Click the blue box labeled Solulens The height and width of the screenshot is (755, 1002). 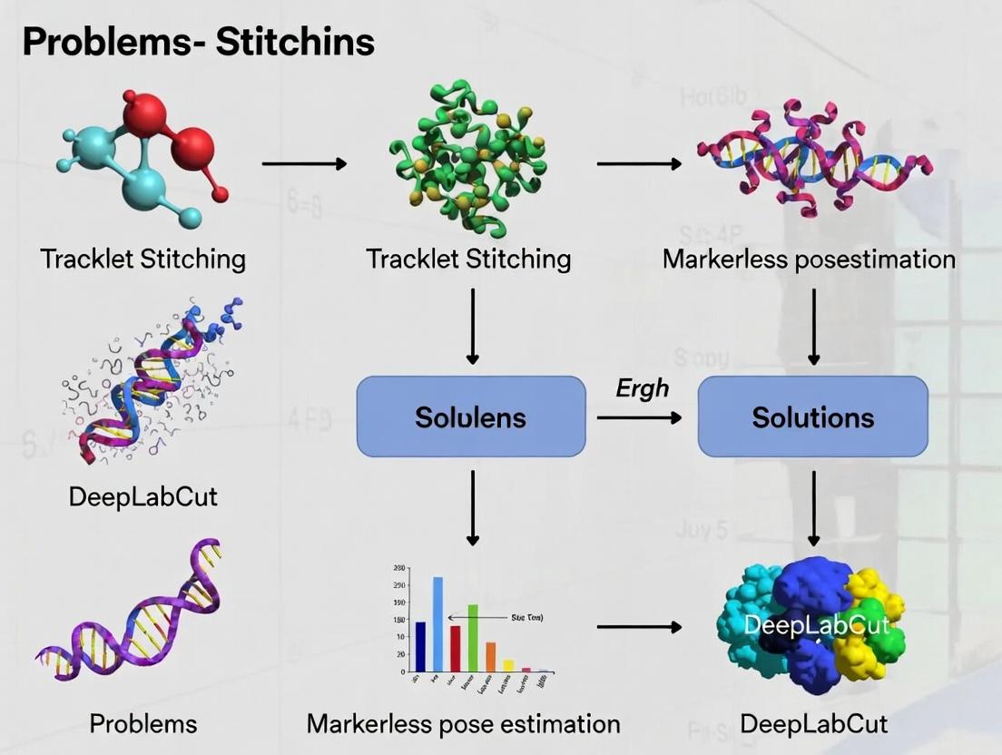470,417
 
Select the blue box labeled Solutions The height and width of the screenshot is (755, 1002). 812,417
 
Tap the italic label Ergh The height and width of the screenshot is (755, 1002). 642,388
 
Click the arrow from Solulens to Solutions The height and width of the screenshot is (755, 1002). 639,417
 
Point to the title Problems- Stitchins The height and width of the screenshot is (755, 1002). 198,42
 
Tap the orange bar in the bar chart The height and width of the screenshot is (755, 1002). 491,656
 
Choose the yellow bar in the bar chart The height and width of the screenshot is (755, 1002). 508,665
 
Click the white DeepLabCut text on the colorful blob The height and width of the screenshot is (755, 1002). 815,625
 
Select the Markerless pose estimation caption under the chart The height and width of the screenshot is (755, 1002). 463,723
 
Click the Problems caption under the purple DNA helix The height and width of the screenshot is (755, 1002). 142,723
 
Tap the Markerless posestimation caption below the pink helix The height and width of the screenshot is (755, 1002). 809,259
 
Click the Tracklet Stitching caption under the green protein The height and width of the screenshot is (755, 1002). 468,259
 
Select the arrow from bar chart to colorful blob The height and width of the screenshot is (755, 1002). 639,626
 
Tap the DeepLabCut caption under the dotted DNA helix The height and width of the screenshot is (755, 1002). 142,496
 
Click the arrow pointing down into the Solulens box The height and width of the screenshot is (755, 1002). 471,327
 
